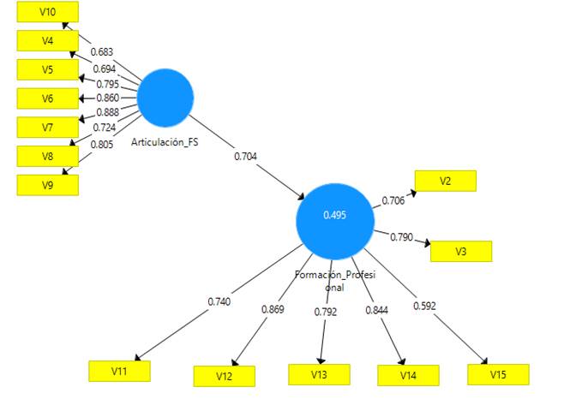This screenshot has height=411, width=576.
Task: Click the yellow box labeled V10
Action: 48,11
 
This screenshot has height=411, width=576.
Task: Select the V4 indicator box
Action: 48,40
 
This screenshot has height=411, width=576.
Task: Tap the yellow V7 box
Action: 48,127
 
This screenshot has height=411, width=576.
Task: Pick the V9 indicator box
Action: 48,185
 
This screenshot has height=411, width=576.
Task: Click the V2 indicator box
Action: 445,181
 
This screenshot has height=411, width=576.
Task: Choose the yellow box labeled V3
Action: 461,251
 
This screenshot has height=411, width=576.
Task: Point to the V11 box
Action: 119,371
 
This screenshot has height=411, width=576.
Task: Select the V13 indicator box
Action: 319,374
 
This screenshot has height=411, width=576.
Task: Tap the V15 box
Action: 498,374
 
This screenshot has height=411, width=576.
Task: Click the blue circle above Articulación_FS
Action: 165,98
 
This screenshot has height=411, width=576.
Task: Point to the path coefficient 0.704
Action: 245,157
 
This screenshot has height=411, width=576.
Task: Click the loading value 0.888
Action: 107,113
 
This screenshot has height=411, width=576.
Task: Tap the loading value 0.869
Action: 273,309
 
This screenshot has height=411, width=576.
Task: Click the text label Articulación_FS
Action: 165,142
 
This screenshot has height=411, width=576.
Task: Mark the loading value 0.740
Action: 219,301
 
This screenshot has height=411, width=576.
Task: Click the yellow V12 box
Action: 224,376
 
